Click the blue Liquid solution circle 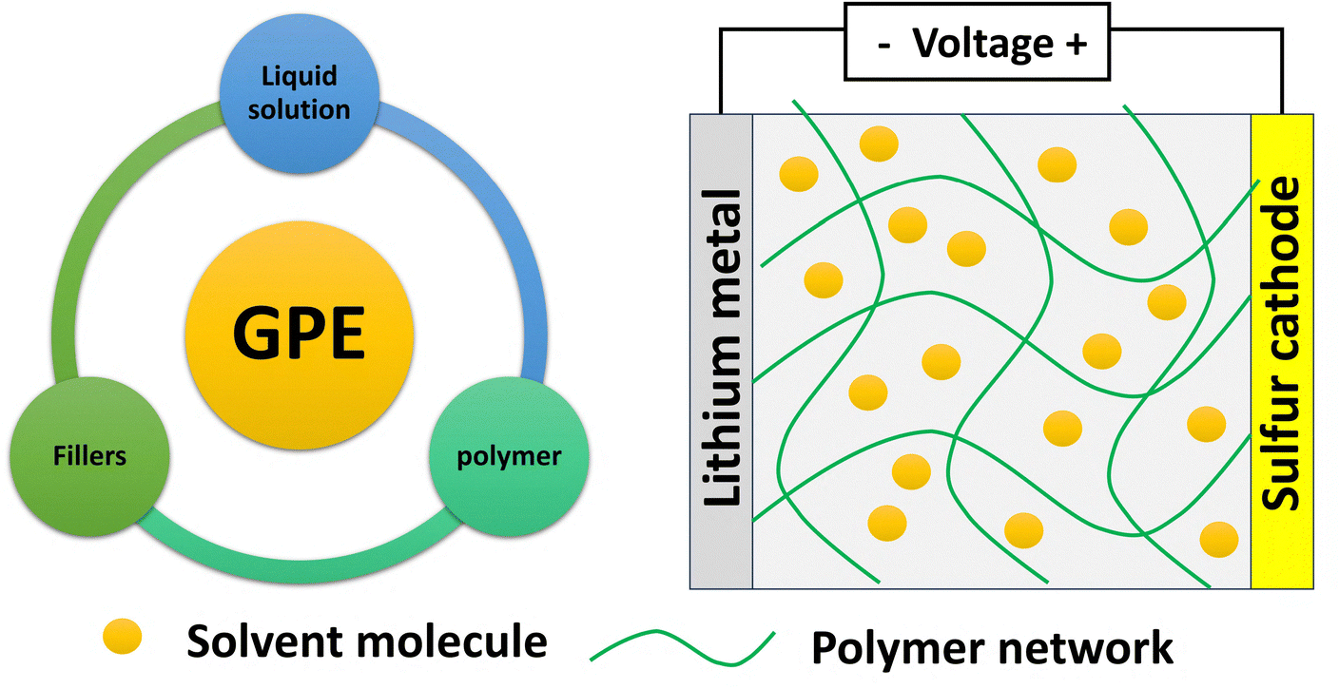pos(300,94)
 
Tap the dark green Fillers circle pos(89,456)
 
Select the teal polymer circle pos(510,456)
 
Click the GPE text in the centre pos(299,333)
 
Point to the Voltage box pos(977,42)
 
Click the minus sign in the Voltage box pos(884,45)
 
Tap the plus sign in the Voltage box pos(1076,44)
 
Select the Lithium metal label pos(722,349)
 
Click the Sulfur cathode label pos(1280,344)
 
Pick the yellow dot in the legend pos(122,637)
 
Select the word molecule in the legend pos(453,641)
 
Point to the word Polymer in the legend pos(895,648)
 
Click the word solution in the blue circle pos(299,110)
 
